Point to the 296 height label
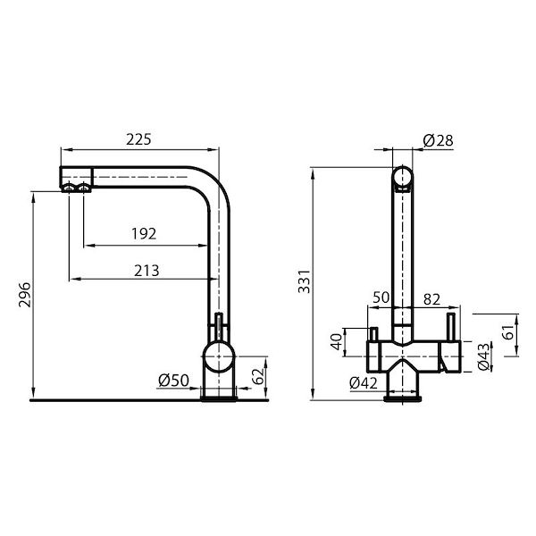pyautogui.click(x=25, y=296)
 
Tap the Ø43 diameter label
pyautogui.click(x=483, y=357)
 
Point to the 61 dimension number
pyautogui.click(x=508, y=335)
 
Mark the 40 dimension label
pyautogui.click(x=336, y=341)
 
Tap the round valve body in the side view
pyautogui.click(x=219, y=358)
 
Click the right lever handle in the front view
pyautogui.click(x=453, y=327)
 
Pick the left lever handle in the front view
pyautogui.click(x=368, y=336)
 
